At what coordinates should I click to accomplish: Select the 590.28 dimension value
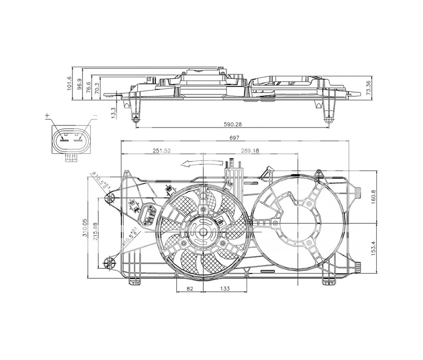coord(232,124)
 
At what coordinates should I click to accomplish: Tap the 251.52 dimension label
coord(162,150)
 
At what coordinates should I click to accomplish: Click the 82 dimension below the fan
coord(189,288)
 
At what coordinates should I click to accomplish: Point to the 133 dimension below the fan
coord(224,288)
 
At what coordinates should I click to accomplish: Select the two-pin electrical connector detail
coord(70,140)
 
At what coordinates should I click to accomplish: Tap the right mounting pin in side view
coord(328,119)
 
